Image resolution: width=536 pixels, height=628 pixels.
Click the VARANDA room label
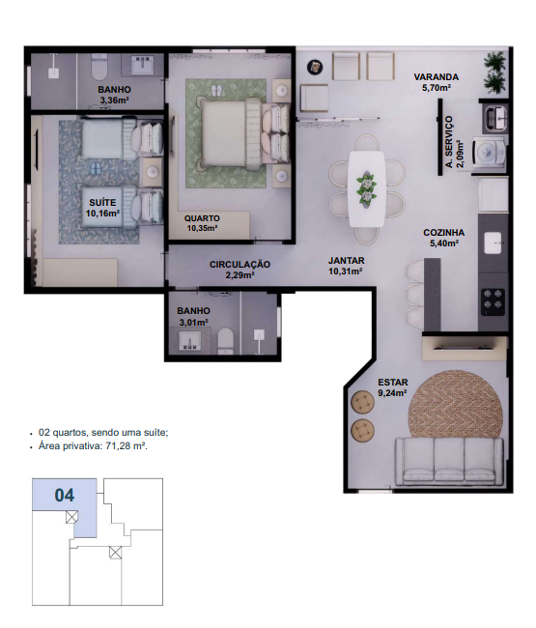(436, 77)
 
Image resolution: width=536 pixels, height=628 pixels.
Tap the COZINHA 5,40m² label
(444, 238)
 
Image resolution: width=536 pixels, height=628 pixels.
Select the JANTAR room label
(347, 260)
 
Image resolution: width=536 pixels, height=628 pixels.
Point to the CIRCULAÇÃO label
(240, 265)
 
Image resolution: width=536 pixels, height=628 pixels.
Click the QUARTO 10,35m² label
(202, 223)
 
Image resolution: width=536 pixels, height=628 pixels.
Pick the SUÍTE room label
(102, 203)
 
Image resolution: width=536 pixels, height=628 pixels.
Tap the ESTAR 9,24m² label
(393, 387)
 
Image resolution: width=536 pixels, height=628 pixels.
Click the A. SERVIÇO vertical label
(449, 142)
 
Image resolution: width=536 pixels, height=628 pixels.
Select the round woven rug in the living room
(455, 406)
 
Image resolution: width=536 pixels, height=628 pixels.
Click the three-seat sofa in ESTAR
(449, 461)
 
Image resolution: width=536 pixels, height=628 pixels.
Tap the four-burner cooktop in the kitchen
(493, 301)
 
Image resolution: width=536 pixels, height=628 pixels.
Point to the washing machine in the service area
(490, 152)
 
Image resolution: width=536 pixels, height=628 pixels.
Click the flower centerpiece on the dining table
(366, 188)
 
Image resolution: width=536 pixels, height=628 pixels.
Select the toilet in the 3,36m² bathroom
(99, 67)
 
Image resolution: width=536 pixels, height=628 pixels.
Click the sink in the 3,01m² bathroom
(188, 340)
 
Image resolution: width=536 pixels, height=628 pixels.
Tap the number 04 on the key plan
(65, 496)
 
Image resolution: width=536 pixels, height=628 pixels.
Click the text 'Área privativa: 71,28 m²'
(93, 445)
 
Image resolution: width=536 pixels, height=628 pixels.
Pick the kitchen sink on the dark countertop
(493, 243)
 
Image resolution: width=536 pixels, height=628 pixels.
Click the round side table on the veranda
(316, 67)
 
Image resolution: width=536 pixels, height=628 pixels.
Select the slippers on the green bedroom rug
(216, 90)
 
